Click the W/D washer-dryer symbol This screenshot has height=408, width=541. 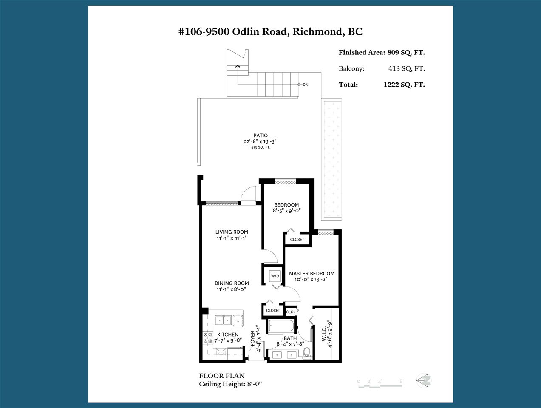click(x=275, y=276)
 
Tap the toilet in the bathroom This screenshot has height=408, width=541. click(x=306, y=353)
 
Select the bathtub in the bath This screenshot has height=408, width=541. click(x=281, y=326)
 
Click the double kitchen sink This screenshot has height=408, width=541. click(x=223, y=320)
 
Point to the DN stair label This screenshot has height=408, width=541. click(x=306, y=85)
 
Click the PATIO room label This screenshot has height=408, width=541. click(x=261, y=136)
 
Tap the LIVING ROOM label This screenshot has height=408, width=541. click(x=232, y=232)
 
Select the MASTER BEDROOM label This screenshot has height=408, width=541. click(x=312, y=273)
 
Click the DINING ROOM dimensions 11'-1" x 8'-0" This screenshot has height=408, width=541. click(x=232, y=289)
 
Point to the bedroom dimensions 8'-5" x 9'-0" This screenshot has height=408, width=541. click(x=286, y=211)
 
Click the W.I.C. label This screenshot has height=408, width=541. click(x=324, y=334)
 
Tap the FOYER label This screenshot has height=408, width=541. click(x=252, y=338)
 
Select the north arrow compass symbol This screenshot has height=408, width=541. click(x=424, y=380)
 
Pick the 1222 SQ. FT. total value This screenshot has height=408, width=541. click(x=404, y=85)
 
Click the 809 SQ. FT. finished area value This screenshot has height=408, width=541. click(x=406, y=52)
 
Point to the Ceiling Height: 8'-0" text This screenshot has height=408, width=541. click(x=230, y=384)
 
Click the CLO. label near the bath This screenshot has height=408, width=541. click(x=290, y=312)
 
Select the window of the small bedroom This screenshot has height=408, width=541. click(x=286, y=182)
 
